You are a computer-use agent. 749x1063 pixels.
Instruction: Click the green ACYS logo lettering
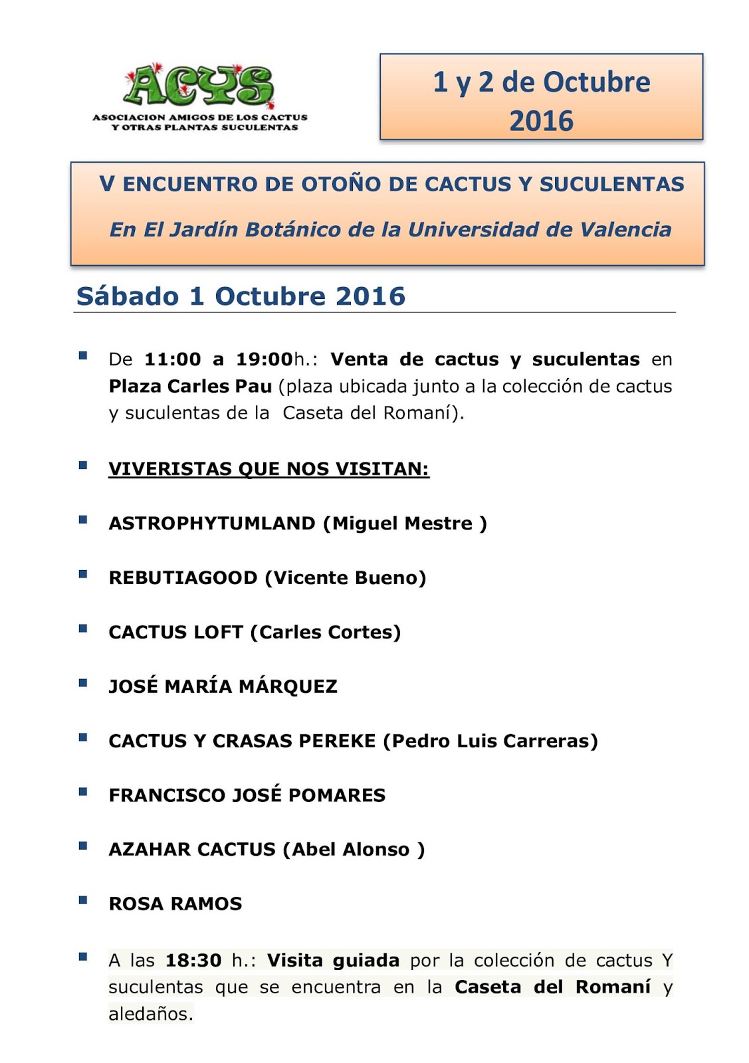pos(198,86)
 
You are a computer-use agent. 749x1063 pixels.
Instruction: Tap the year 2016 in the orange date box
pos(541,122)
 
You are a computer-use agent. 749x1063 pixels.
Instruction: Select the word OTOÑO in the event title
pos(342,184)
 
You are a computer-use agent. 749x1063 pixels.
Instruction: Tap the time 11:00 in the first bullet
pos(172,359)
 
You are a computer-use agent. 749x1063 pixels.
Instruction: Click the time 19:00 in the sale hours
pos(265,359)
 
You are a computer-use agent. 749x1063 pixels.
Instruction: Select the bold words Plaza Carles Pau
pos(190,386)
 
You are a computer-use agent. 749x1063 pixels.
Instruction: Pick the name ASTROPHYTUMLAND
pos(212,524)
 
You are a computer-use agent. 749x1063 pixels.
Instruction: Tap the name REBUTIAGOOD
pos(183,578)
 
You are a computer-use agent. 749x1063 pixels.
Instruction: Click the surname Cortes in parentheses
pos(368,632)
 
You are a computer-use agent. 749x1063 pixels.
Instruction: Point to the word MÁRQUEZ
pos(288,686)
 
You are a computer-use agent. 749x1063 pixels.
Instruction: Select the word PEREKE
pos(336,741)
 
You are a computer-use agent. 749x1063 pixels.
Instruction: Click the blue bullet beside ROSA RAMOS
pos(83,901)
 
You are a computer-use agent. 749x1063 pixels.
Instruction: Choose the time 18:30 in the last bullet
pos(193,961)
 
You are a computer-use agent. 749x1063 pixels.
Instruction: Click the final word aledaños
pos(150,1015)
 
